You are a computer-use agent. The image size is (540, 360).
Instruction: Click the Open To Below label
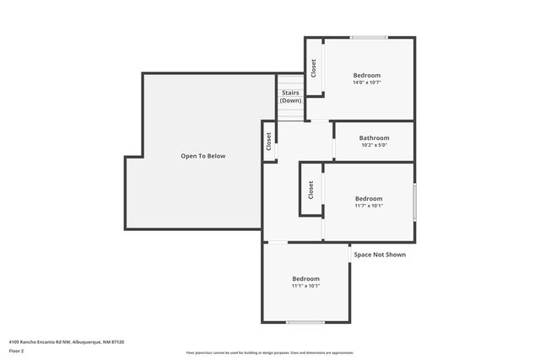[203, 156]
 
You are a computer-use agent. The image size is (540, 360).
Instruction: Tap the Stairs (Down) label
[291, 96]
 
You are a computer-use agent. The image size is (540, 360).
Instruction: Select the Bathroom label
[374, 137]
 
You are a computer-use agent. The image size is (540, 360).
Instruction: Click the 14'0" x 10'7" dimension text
[367, 83]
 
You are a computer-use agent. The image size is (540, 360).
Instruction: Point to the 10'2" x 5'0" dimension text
[374, 145]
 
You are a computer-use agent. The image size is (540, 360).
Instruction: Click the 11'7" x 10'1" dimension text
[369, 206]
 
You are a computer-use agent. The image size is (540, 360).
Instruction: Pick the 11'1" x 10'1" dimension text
[305, 286]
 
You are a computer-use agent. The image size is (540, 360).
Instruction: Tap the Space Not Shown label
[380, 254]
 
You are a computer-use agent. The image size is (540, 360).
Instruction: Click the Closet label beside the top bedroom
[314, 67]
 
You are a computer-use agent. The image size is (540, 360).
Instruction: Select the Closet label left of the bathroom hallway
[269, 141]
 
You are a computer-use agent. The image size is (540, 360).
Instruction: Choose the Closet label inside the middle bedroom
[310, 190]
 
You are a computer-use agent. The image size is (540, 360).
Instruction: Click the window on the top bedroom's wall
[369, 38]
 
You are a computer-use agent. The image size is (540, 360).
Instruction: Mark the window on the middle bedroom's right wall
[414, 202]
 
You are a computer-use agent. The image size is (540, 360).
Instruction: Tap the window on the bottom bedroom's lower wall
[305, 322]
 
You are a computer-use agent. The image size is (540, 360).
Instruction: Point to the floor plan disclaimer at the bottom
[270, 352]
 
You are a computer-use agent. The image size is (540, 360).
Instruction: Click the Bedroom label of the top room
[367, 75]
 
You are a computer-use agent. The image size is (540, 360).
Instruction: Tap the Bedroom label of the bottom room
[305, 278]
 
